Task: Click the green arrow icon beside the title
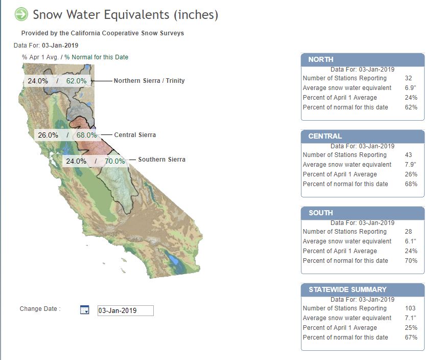(21, 14)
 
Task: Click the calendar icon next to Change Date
(84, 310)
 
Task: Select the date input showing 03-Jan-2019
(126, 310)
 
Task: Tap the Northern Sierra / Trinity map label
(149, 81)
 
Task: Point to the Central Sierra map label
(135, 135)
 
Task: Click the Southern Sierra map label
(161, 160)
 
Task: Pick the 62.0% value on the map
(76, 81)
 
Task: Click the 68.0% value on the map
(87, 135)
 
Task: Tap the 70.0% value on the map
(114, 161)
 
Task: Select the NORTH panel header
(363, 60)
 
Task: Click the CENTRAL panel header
(363, 137)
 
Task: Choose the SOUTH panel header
(363, 213)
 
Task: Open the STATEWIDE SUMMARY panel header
(363, 289)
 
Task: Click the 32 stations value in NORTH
(408, 78)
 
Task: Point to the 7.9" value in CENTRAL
(410, 165)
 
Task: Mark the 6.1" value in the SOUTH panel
(410, 241)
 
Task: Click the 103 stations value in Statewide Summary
(410, 308)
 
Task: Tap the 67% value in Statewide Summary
(411, 337)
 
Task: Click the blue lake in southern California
(172, 259)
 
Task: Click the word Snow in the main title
(48, 15)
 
